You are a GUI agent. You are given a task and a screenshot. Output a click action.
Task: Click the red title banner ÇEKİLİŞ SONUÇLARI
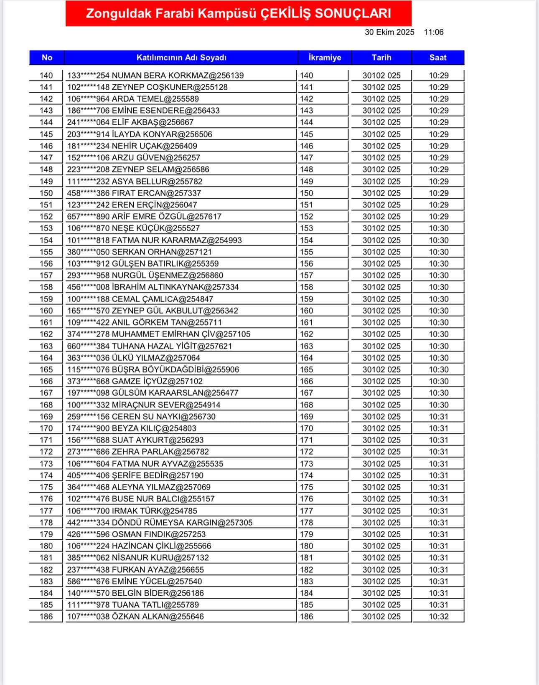tap(238, 14)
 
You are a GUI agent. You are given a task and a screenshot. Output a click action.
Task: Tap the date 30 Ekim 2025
tap(389, 32)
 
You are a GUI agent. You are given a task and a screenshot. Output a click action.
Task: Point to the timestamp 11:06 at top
tap(433, 32)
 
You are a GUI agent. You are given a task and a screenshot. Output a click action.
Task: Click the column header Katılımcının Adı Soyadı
tap(181, 58)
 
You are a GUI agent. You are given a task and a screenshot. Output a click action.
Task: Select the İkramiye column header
tap(325, 58)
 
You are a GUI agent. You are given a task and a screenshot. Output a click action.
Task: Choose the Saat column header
tap(438, 58)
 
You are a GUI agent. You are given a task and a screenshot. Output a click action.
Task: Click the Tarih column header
tap(381, 58)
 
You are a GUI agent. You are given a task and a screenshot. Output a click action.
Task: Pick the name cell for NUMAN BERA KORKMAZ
tap(155, 76)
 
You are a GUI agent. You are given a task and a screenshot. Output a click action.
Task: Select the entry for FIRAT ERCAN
tap(134, 193)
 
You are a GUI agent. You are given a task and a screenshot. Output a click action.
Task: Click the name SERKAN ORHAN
tap(140, 252)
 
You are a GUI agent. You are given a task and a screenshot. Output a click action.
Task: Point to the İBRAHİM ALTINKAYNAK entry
tap(153, 287)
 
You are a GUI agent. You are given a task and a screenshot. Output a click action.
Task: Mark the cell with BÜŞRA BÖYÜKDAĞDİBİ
tap(153, 369)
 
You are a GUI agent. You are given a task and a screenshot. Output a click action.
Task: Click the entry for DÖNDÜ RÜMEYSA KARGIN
tap(160, 523)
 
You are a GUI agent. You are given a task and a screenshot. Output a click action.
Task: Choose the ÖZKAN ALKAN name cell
tap(136, 617)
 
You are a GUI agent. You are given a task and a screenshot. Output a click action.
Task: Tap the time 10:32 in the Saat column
tap(438, 617)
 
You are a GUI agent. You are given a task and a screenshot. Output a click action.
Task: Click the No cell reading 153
tap(46, 228)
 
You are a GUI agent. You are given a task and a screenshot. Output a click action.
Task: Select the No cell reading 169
tap(46, 417)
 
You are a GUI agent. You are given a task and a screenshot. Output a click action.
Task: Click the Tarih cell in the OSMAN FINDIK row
tap(381, 534)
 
